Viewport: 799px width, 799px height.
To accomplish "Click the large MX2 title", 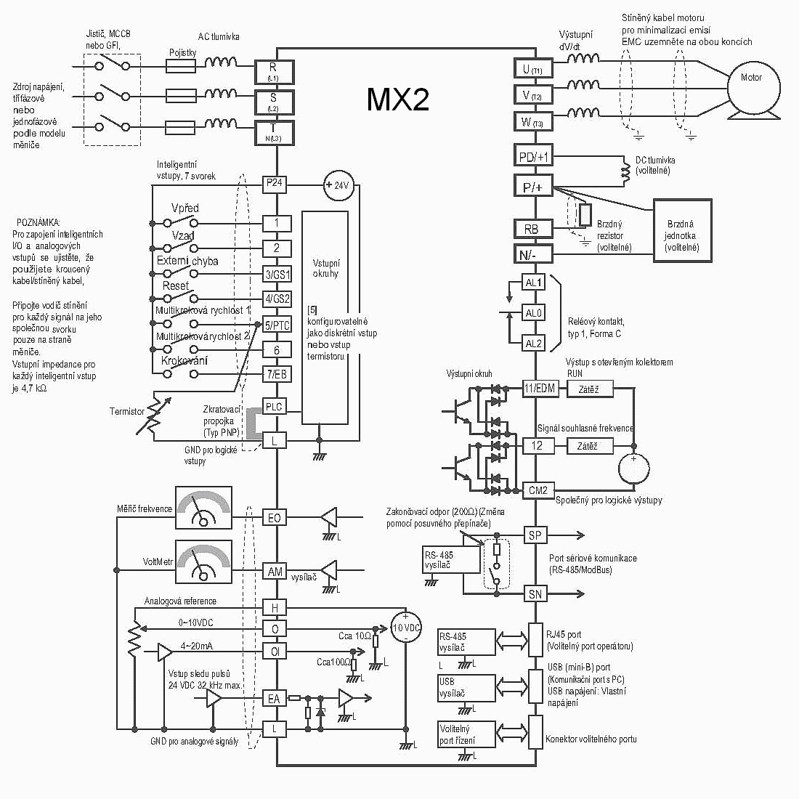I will (397, 100).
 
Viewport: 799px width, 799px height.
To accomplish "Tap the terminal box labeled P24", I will (275, 184).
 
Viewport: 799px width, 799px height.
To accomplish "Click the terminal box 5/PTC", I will (276, 325).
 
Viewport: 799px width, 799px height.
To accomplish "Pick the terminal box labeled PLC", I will (275, 407).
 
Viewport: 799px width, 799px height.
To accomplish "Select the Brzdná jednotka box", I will (681, 230).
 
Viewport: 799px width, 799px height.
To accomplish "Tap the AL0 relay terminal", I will (534, 313).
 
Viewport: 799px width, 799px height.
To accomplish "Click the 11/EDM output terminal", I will (539, 389).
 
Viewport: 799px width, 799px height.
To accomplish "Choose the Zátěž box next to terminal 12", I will (587, 445).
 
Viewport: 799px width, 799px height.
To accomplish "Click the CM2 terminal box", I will (538, 490).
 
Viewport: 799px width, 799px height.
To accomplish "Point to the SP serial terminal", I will (535, 535).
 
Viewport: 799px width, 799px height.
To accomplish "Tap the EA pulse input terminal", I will (275, 699).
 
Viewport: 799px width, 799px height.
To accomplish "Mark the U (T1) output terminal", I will (532, 69).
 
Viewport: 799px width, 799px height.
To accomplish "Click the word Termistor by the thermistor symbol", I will (127, 411).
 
